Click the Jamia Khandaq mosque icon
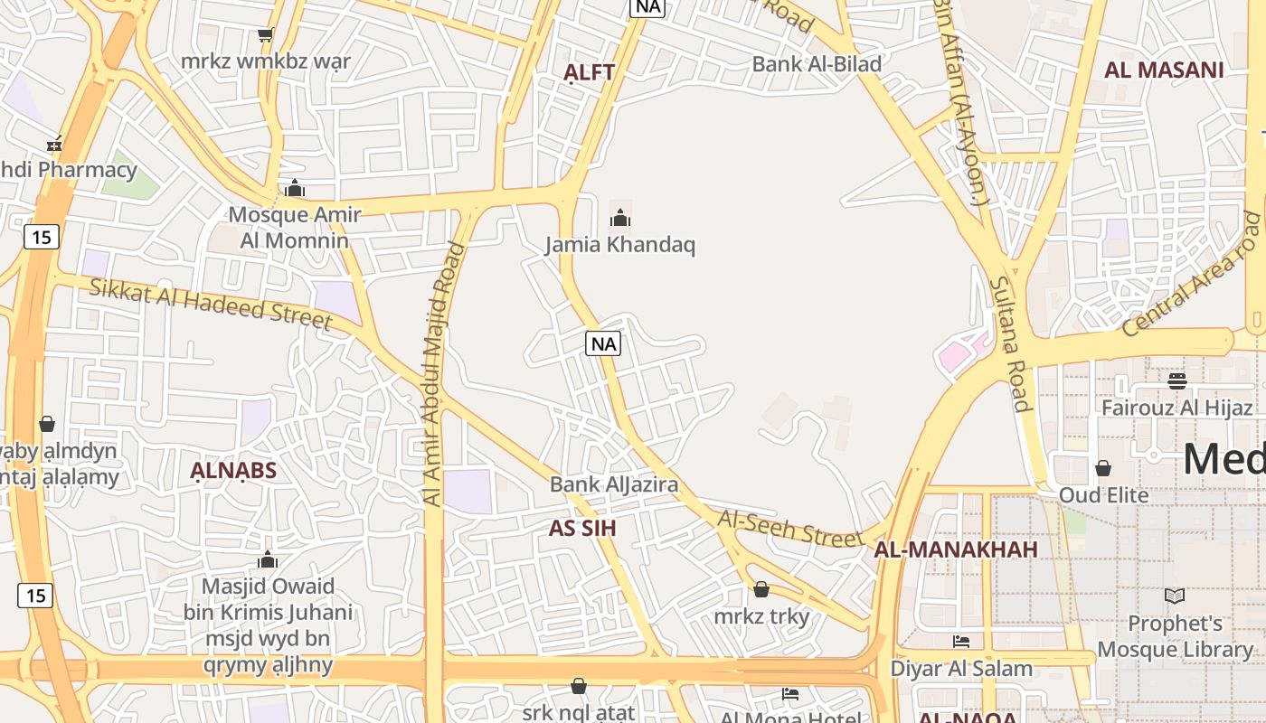pos(620,218)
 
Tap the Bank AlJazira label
pos(614,484)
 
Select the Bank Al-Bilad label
pos(817,63)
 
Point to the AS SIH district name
pos(582,528)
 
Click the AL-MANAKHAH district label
pos(956,549)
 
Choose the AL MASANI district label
pos(1164,70)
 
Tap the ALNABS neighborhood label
pos(233,470)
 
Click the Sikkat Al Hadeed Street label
pos(212,302)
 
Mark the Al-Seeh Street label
pos(790,528)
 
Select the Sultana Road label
pos(1010,343)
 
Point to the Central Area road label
pos(1190,274)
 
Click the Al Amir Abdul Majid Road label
pos(443,372)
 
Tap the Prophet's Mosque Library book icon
pos(1175,596)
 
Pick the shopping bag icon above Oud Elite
pos(1103,468)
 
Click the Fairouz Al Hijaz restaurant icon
pos(1176,380)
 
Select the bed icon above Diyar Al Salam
pos(961,642)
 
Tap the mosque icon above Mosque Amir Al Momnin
pos(294,188)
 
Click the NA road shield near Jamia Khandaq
pos(603,343)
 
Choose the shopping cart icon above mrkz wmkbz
pos(265,35)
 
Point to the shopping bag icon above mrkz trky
pos(761,589)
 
